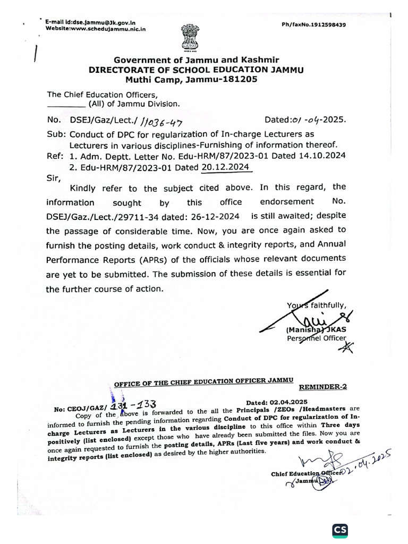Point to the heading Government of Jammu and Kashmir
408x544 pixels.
(x=197, y=60)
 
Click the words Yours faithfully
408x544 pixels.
(x=317, y=305)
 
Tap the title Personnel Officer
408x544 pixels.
(x=316, y=338)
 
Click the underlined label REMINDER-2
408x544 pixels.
(x=323, y=387)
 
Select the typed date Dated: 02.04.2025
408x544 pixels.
(x=277, y=402)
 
